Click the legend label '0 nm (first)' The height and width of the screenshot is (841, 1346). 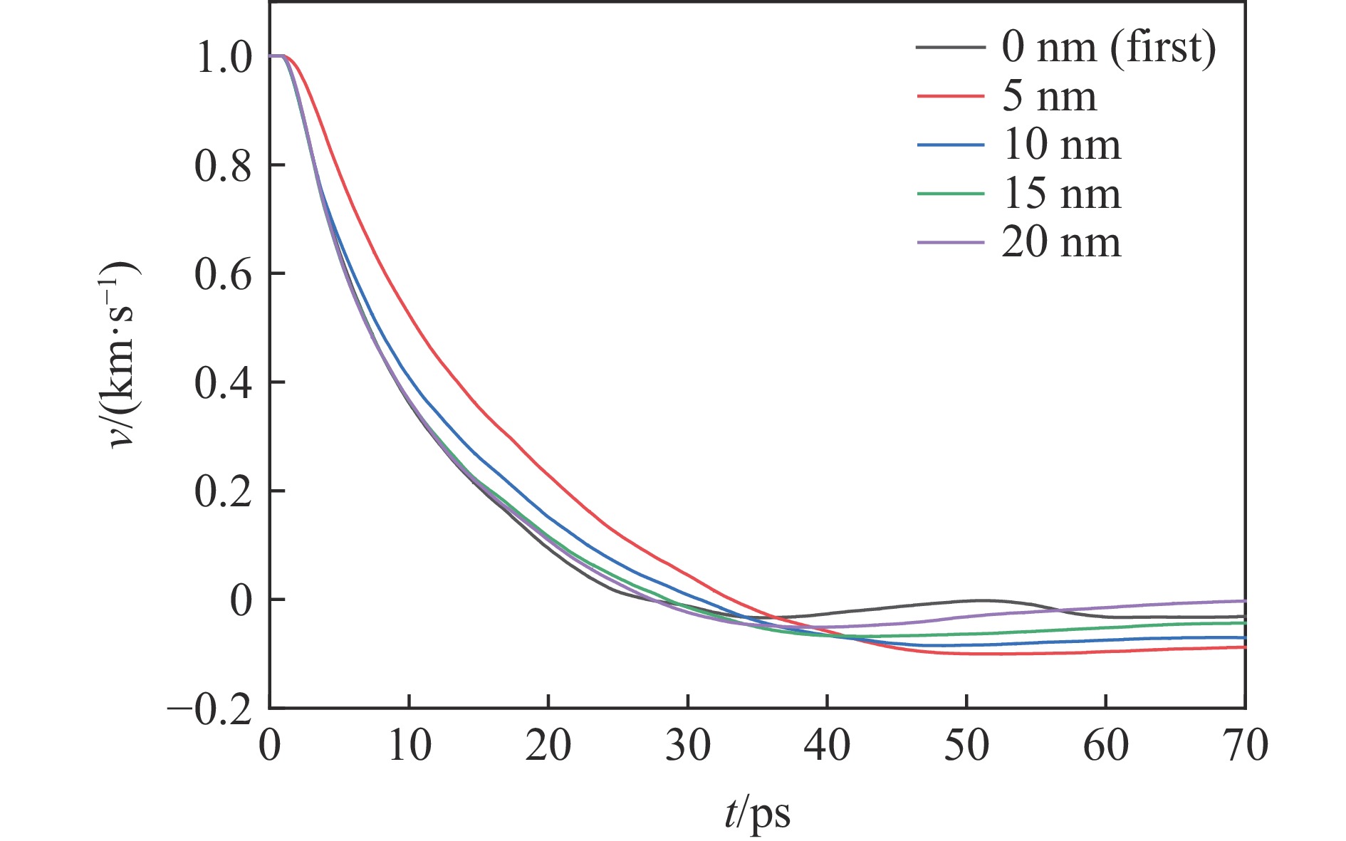(x=1109, y=47)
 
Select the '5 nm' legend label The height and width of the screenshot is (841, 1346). (x=1049, y=96)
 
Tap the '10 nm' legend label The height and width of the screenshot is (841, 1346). (x=1061, y=145)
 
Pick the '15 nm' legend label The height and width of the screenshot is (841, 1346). (x=1061, y=193)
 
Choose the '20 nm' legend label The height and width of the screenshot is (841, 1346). (x=1061, y=242)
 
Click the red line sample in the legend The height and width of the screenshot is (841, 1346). (x=951, y=96)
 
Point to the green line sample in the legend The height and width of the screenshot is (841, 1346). (x=951, y=193)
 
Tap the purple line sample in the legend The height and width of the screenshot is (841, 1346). (x=951, y=242)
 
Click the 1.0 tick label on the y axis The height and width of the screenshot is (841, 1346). (x=223, y=57)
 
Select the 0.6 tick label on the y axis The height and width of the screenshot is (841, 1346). (x=223, y=274)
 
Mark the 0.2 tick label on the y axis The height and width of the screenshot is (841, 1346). (x=223, y=492)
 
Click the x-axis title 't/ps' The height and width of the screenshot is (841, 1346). (x=757, y=813)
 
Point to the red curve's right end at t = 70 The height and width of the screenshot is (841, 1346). (x=1243, y=647)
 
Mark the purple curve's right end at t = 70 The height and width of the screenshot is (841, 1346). (x=1243, y=601)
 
